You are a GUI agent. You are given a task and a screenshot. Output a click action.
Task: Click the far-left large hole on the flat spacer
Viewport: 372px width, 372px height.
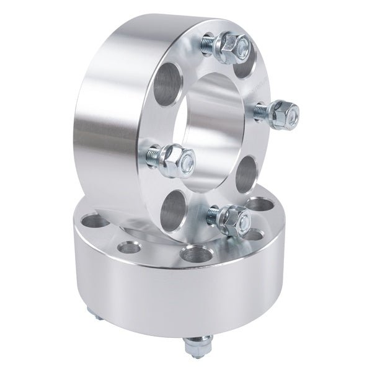coord(92,221)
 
